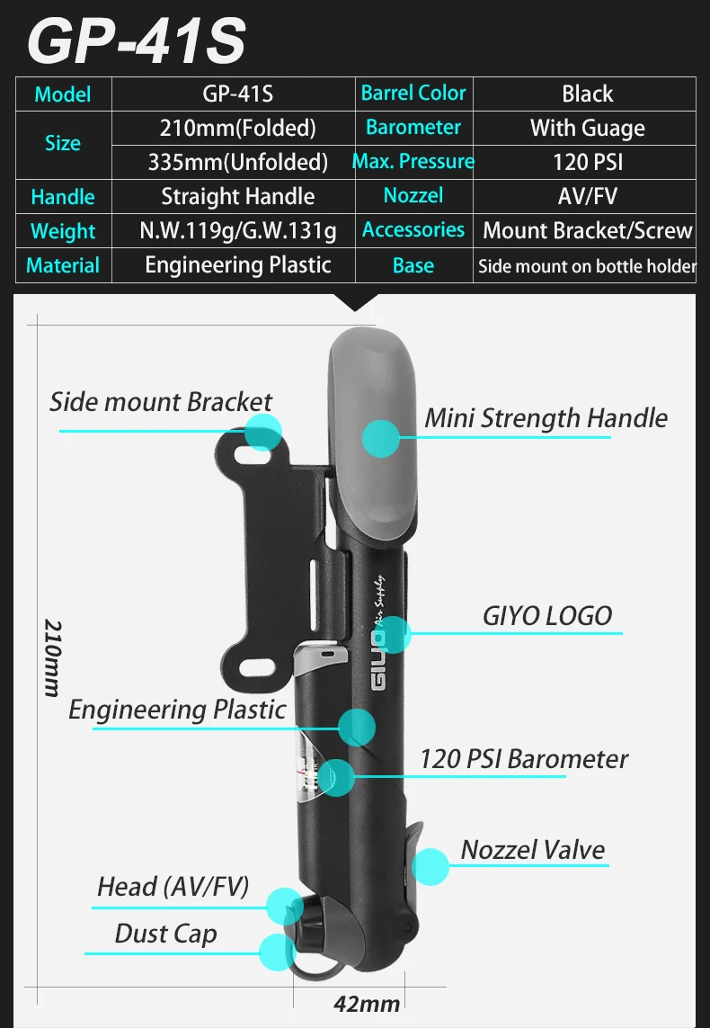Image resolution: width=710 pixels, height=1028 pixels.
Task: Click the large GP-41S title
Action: pos(137,40)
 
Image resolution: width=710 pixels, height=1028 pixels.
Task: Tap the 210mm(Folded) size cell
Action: pos(237,128)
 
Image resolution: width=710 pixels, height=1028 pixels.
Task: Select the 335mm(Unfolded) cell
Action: pos(237,162)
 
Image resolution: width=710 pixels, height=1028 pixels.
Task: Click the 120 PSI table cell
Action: pos(588,162)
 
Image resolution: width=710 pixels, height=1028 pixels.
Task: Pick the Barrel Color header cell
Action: pos(413,94)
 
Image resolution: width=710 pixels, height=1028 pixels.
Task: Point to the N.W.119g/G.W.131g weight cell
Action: pos(237,231)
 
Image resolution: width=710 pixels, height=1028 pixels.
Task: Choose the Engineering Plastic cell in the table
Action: pos(237,265)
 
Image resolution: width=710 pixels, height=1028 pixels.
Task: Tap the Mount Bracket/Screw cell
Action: pos(588,231)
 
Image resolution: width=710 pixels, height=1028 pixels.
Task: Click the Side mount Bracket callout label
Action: pos(160,401)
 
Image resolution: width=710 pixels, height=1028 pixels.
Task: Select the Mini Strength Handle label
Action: pos(546,418)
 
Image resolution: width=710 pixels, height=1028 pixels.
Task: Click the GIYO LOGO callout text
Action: pos(547,616)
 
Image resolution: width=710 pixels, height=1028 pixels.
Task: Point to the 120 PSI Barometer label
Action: pos(524,758)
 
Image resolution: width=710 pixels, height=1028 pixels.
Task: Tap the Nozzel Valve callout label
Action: pos(533,850)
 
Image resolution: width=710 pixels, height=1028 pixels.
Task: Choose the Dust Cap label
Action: pos(165,934)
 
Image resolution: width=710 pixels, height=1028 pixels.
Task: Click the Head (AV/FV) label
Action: pos(173,887)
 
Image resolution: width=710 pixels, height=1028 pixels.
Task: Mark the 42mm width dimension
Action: pos(367,1004)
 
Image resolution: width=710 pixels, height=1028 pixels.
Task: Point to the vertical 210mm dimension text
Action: pos(52,657)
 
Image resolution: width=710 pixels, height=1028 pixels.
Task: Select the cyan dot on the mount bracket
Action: pos(262,431)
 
